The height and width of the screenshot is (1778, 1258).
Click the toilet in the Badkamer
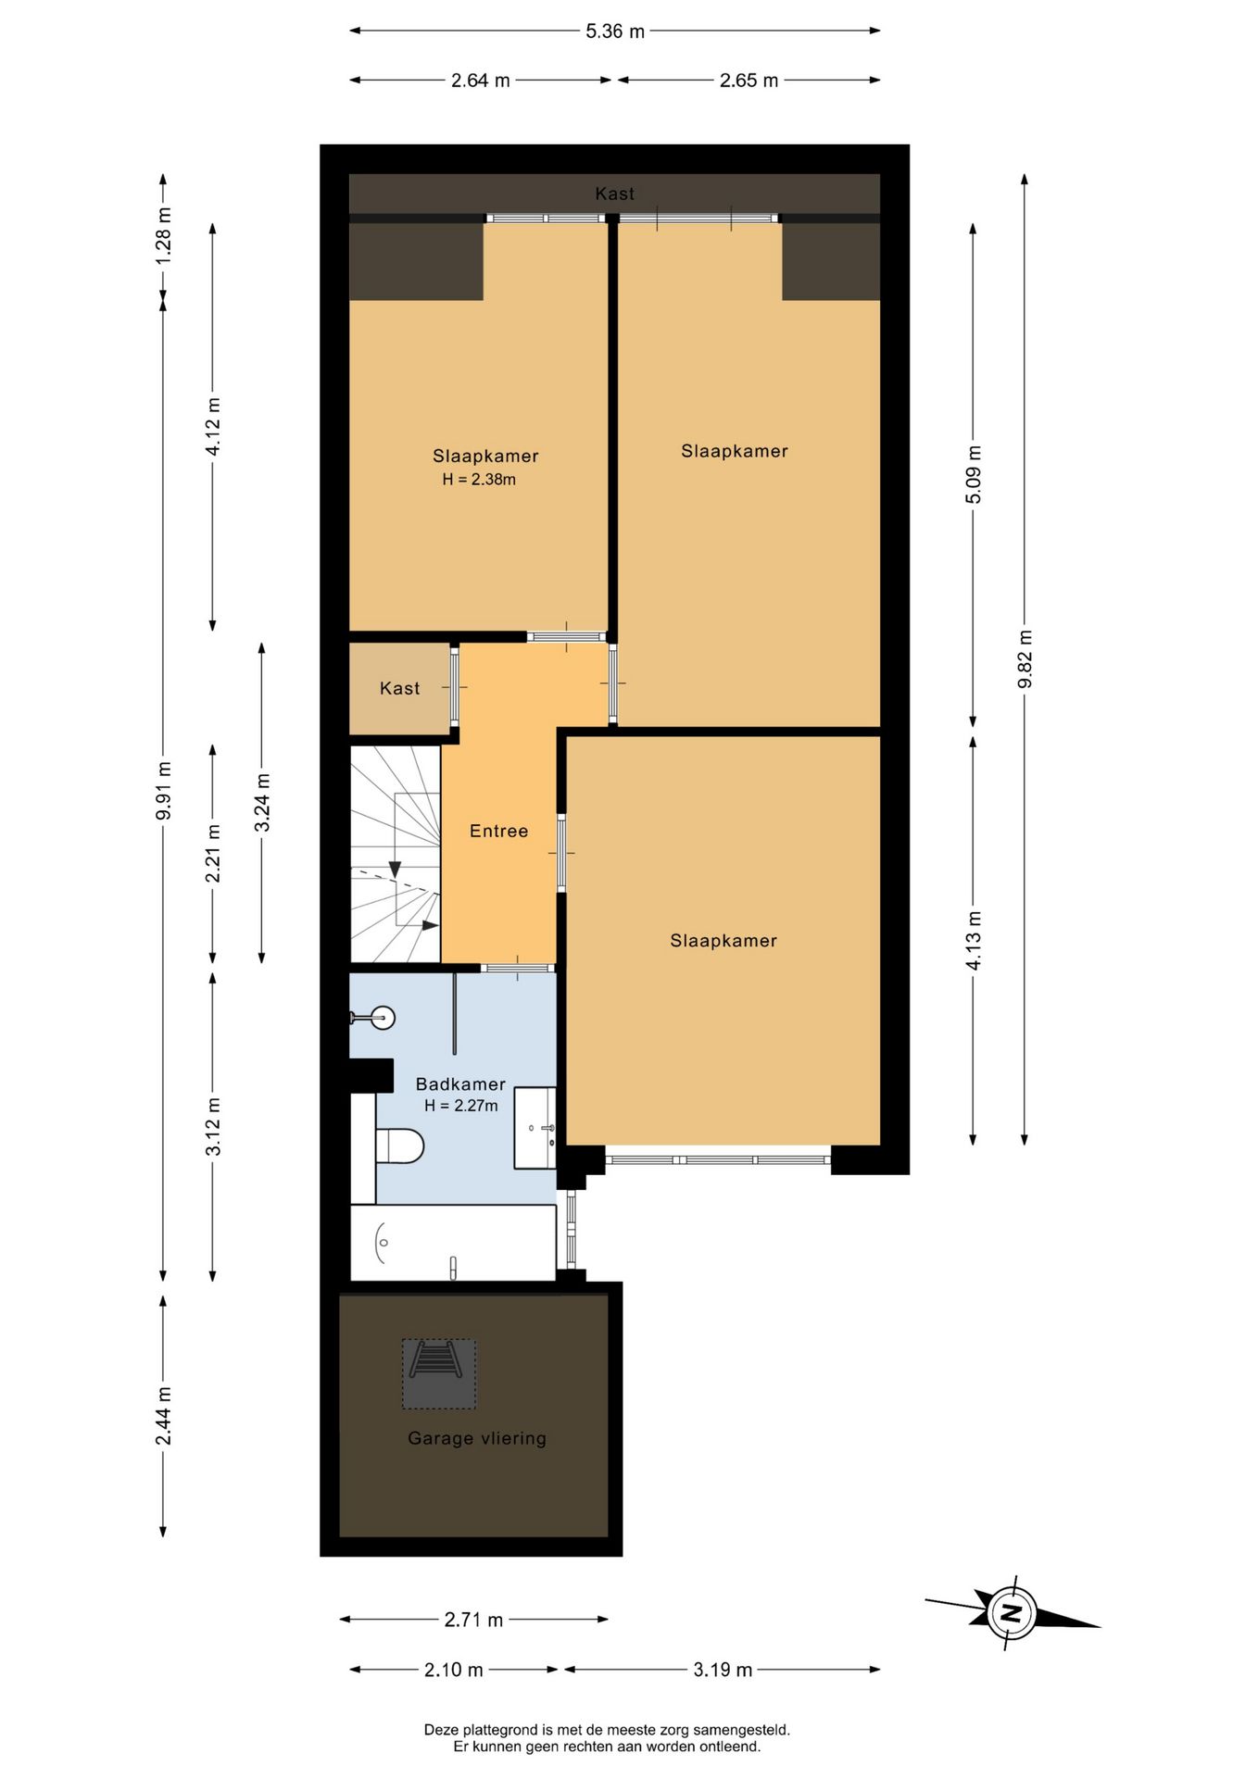399,1146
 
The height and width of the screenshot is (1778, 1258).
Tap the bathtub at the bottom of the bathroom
453,1243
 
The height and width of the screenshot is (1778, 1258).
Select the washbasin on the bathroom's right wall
535,1127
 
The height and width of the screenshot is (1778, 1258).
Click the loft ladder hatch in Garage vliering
439,1373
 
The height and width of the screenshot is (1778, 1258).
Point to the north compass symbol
1013,1613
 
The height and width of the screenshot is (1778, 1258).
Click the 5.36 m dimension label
614,31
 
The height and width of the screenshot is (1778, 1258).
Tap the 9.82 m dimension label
1025,658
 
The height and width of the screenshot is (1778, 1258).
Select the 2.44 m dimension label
163,1415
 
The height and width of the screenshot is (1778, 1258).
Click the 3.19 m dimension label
723,1670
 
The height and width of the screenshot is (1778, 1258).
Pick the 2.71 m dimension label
473,1620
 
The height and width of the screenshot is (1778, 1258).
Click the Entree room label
498,831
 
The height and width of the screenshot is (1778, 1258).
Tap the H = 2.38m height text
479,480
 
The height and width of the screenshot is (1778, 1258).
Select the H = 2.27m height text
461,1106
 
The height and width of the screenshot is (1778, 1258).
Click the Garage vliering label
477,1438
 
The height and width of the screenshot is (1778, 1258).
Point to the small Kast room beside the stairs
400,689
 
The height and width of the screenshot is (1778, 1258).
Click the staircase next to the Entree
396,855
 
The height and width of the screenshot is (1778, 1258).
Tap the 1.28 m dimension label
163,235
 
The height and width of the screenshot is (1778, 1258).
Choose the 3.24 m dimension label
262,802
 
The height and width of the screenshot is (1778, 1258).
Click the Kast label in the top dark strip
615,194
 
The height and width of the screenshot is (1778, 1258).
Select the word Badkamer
460,1084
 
